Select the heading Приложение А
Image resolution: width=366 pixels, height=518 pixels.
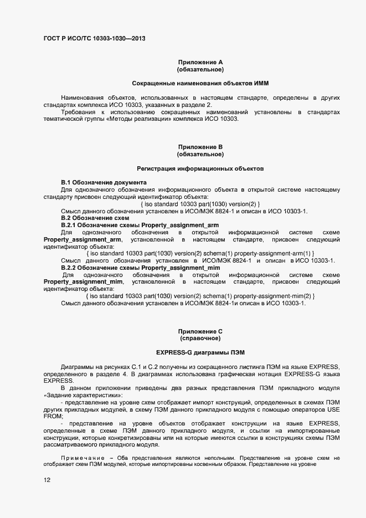(200, 63)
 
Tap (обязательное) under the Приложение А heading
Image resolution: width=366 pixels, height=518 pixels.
(200, 70)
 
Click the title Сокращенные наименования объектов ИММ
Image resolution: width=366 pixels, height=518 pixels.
(200, 84)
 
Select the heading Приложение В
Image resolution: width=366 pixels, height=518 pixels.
(200, 147)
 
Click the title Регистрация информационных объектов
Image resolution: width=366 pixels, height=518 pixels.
(200, 168)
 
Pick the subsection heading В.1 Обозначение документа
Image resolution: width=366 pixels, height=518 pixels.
(104, 182)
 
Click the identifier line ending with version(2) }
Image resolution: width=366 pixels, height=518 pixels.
(200, 204)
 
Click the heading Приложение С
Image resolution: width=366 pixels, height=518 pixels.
(200, 331)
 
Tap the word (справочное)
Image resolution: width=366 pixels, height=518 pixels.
(200, 338)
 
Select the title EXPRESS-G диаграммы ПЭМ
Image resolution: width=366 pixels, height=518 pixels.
(200, 352)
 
